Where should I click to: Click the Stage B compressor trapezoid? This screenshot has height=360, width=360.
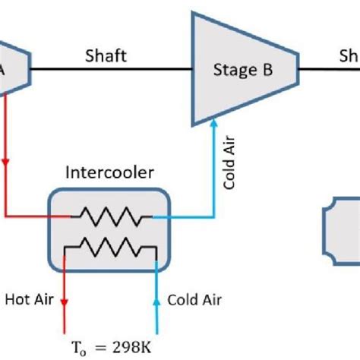[244, 71]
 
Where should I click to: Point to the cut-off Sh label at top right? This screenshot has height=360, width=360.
[349, 55]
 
